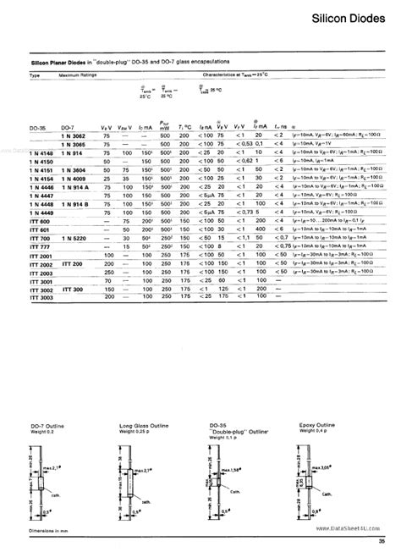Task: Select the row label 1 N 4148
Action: [42, 152]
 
